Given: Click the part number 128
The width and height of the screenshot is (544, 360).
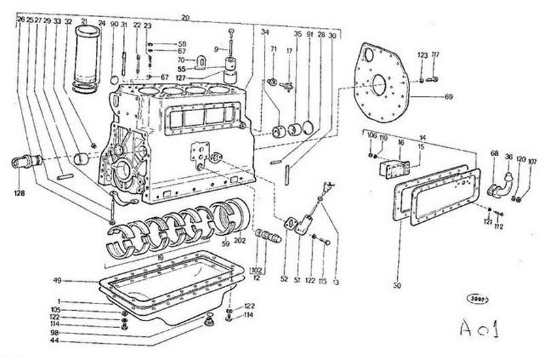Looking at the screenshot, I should pos(20,193).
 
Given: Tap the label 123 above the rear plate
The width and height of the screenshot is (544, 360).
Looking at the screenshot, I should pos(422,54).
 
